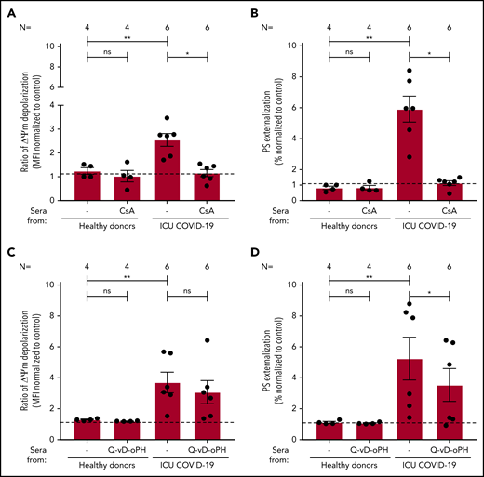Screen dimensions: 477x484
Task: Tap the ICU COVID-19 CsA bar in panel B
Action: point(450,192)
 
